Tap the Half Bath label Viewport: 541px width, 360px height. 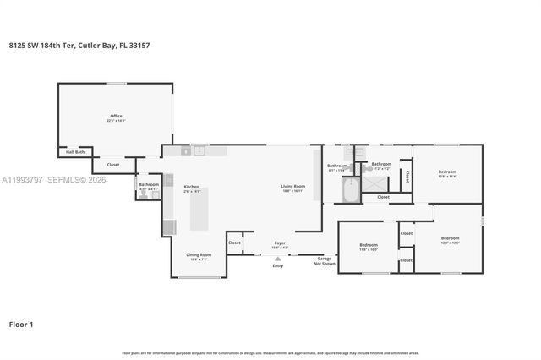coord(75,152)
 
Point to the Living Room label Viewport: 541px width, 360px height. coord(292,188)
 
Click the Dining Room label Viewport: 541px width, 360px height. coord(199,256)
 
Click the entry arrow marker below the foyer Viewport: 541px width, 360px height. coord(278,258)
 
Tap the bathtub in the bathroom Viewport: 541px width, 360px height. coord(351,190)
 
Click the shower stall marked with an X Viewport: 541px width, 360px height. coord(374,183)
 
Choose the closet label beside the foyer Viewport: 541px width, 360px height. coord(234,243)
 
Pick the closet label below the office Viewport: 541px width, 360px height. coord(112,165)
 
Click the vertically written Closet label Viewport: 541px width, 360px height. coord(407,176)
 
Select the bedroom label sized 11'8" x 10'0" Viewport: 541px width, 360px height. coord(368,247)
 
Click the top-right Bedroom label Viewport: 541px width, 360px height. coord(447,173)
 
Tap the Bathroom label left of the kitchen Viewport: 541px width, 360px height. coord(149,186)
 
